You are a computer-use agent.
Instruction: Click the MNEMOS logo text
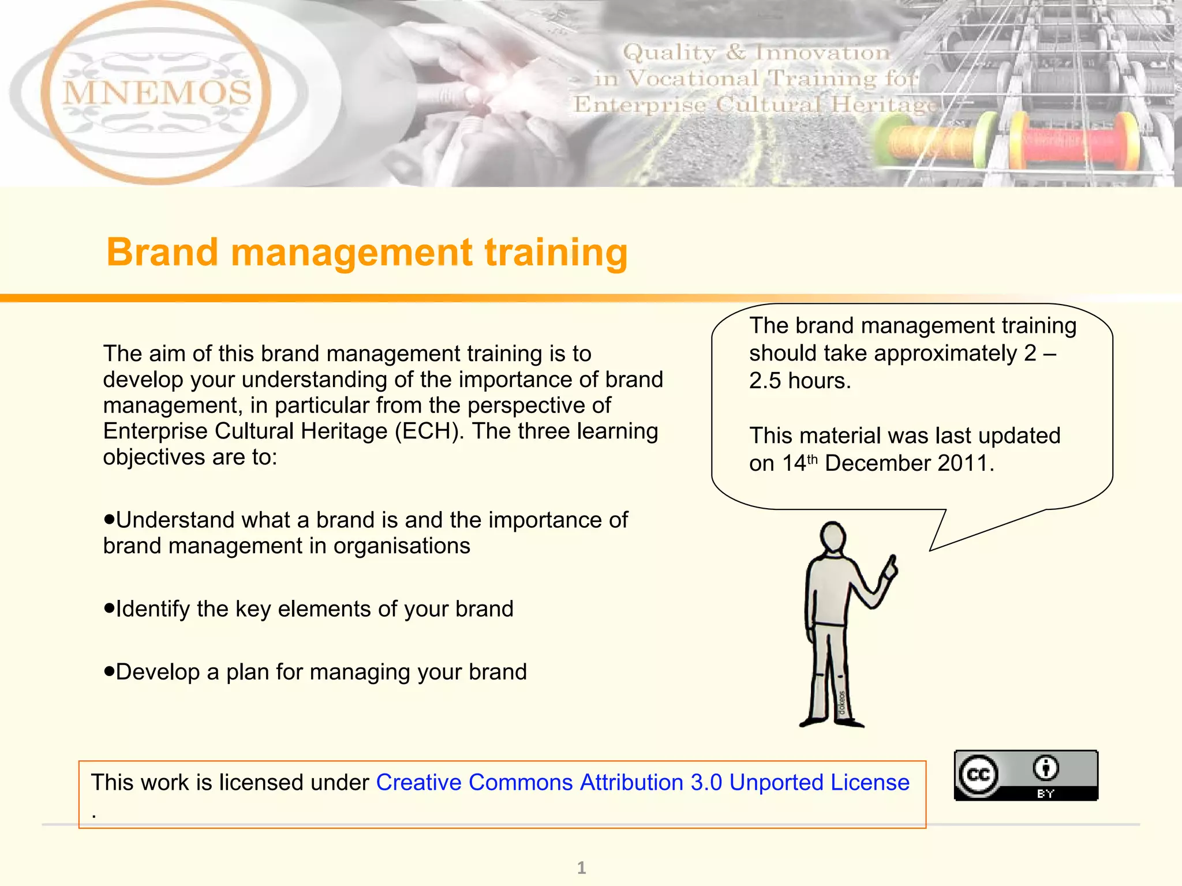157,92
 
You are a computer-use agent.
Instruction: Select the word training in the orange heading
556,253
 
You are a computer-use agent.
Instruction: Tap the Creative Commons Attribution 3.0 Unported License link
642,783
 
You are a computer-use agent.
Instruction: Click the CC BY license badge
1026,775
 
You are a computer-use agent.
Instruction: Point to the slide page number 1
582,868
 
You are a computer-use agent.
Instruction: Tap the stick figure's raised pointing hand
890,567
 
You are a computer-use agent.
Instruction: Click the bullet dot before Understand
109,519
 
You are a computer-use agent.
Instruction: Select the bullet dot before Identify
109,608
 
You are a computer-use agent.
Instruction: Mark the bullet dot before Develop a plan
109,671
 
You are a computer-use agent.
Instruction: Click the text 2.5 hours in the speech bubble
799,381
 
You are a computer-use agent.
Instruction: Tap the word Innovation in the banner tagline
823,52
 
